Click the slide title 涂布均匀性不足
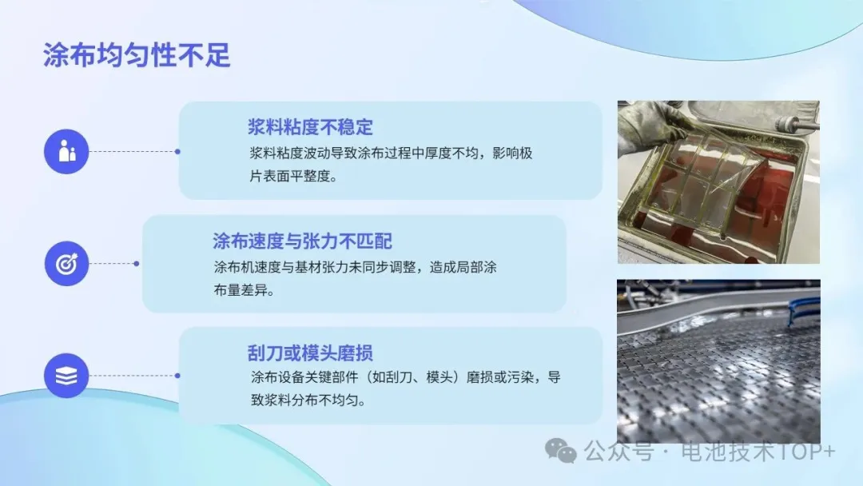[137, 55]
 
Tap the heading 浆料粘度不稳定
[310, 127]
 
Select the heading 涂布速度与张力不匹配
[303, 241]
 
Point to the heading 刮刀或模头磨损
[310, 353]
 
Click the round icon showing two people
[66, 152]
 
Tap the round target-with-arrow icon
[66, 264]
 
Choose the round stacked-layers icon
[66, 376]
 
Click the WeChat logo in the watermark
[560, 451]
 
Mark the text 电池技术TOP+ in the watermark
[758, 452]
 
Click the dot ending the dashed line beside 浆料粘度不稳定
[177, 152]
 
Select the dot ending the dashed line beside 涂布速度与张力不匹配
[137, 264]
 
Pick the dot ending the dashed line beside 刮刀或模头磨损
[177, 376]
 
